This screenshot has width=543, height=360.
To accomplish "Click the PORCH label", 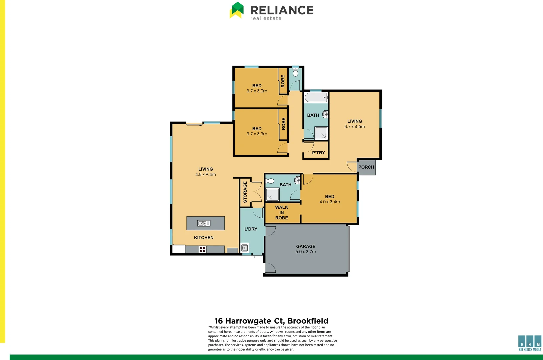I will coord(366,167).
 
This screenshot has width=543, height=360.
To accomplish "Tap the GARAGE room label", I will coord(306,246).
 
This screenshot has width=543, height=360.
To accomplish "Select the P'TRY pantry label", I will coord(318,153).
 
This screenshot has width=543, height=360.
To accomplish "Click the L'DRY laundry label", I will coord(251,229).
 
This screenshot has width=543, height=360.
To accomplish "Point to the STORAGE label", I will coord(245,192).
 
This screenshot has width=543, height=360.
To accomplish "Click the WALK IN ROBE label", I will coord(282,212).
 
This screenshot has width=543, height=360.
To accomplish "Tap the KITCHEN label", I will coord(204,238).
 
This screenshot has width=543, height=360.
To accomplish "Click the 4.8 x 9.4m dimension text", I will coord(206,174).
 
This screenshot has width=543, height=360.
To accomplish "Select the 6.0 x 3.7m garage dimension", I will coord(306,252).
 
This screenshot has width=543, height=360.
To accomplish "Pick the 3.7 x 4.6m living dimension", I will coord(355,127).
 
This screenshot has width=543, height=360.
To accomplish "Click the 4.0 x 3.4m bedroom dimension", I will coord(330,202).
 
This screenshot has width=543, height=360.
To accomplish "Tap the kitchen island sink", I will coord(204,223).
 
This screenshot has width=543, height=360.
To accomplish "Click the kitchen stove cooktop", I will coord(202,249).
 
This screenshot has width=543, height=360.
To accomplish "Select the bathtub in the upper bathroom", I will coord(316,98).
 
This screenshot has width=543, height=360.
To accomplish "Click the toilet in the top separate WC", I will coord(295,73).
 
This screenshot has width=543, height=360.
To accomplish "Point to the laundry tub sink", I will coord(244,248).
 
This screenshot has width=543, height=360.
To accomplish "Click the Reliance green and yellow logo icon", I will coord(237,10).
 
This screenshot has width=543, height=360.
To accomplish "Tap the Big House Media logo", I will coord(530,343).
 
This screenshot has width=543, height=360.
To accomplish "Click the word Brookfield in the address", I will coord(308,321).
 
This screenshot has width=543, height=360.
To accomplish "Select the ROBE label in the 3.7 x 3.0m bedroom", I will coord(283,81).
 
